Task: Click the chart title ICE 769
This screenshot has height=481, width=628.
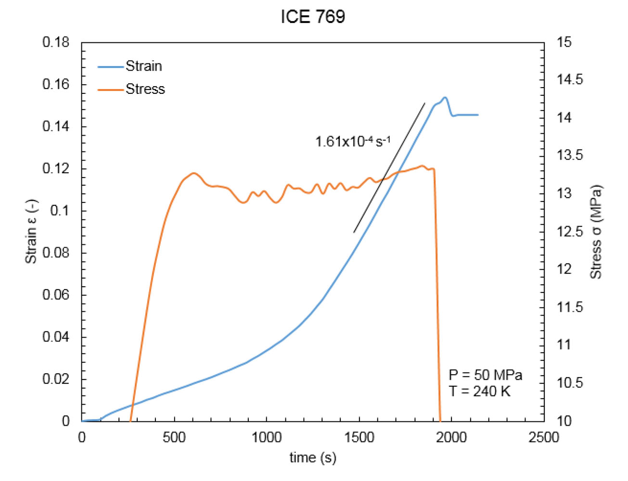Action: pos(313,17)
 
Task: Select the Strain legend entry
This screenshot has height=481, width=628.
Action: pos(143,66)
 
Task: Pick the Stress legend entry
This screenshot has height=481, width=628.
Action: pos(145,89)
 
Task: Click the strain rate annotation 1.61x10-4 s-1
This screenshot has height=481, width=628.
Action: pos(353,141)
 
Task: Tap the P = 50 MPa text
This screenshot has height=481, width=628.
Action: pos(485,375)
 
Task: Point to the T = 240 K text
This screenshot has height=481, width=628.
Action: pos(480,392)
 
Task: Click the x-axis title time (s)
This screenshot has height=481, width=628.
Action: pos(313,457)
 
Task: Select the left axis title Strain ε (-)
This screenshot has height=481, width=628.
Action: pos(31,231)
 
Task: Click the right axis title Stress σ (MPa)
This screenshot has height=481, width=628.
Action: pos(596,231)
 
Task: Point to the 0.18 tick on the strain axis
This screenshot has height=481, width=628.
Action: pos(56,42)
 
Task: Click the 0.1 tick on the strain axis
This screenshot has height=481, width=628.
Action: pos(60,211)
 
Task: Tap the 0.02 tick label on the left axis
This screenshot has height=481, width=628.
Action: pos(56,379)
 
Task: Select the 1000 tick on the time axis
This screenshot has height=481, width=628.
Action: pos(267,437)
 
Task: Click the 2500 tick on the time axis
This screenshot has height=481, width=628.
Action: pos(544,437)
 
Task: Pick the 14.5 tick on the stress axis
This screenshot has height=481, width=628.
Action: pos(570,80)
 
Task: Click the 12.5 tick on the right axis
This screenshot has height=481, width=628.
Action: pos(570,231)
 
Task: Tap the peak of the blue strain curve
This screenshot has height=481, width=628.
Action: pos(445,98)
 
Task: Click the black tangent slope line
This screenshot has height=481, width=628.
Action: pos(389,168)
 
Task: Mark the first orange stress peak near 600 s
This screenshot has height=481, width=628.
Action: pos(194,173)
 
